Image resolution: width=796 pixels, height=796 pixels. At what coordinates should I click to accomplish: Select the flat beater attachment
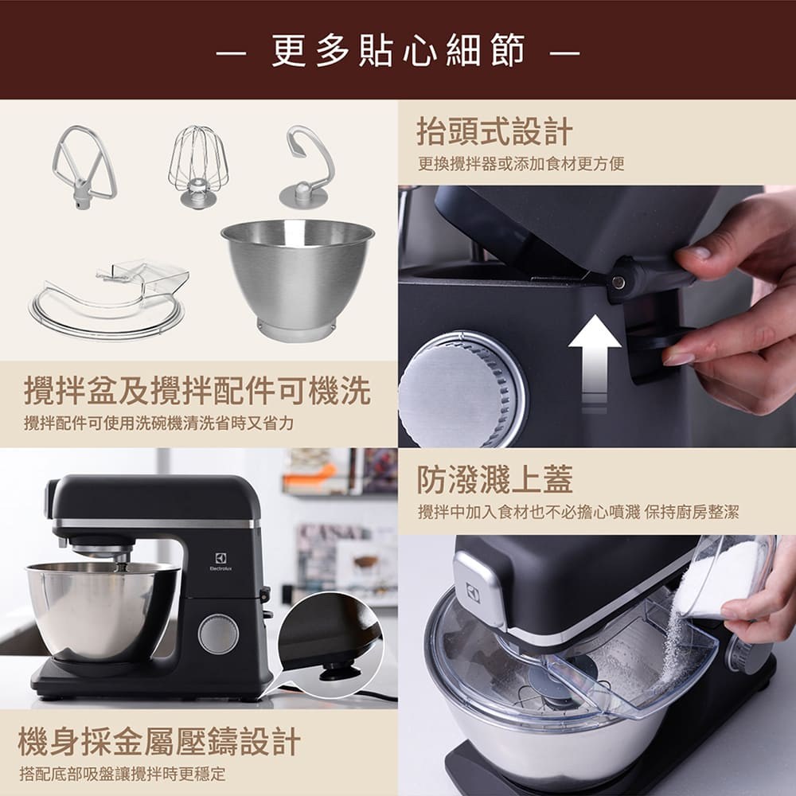[83, 167]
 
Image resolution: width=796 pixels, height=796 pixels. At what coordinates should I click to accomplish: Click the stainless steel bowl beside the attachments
[298, 275]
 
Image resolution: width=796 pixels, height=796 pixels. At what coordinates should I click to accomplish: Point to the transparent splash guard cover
[111, 295]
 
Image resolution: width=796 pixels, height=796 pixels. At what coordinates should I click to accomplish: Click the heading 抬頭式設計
[494, 132]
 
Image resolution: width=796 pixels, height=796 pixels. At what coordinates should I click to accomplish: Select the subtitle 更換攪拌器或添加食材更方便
[521, 164]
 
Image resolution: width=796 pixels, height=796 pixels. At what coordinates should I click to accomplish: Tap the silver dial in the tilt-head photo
[460, 390]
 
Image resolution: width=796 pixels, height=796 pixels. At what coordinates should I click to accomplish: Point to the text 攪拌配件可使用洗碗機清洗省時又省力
[158, 423]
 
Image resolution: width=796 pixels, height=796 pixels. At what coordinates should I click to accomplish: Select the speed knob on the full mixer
[218, 634]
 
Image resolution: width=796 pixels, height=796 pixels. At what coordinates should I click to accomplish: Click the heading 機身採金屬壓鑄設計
[159, 741]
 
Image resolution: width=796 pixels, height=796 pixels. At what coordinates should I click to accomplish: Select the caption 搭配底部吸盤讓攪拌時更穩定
[122, 773]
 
